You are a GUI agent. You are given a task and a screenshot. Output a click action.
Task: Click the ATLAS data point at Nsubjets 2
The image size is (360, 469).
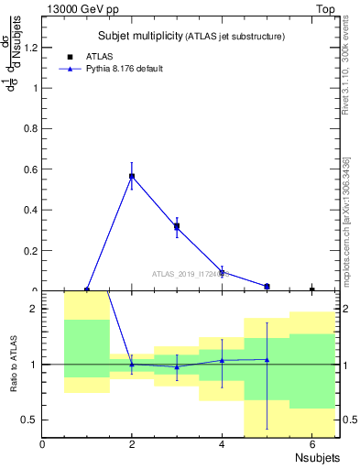click(x=132, y=176)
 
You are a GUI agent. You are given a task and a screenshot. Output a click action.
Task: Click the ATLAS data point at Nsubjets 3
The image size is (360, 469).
click(x=177, y=226)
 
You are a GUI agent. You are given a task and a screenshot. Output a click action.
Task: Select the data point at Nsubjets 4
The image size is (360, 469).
click(x=222, y=272)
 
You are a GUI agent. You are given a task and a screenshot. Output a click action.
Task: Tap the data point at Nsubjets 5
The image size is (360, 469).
click(x=267, y=287)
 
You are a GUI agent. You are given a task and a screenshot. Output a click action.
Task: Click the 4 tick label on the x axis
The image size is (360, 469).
click(x=222, y=445)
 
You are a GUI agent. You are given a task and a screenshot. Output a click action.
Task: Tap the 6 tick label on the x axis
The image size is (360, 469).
click(x=311, y=445)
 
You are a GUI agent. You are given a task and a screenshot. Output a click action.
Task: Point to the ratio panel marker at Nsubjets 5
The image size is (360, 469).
click(x=267, y=359)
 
